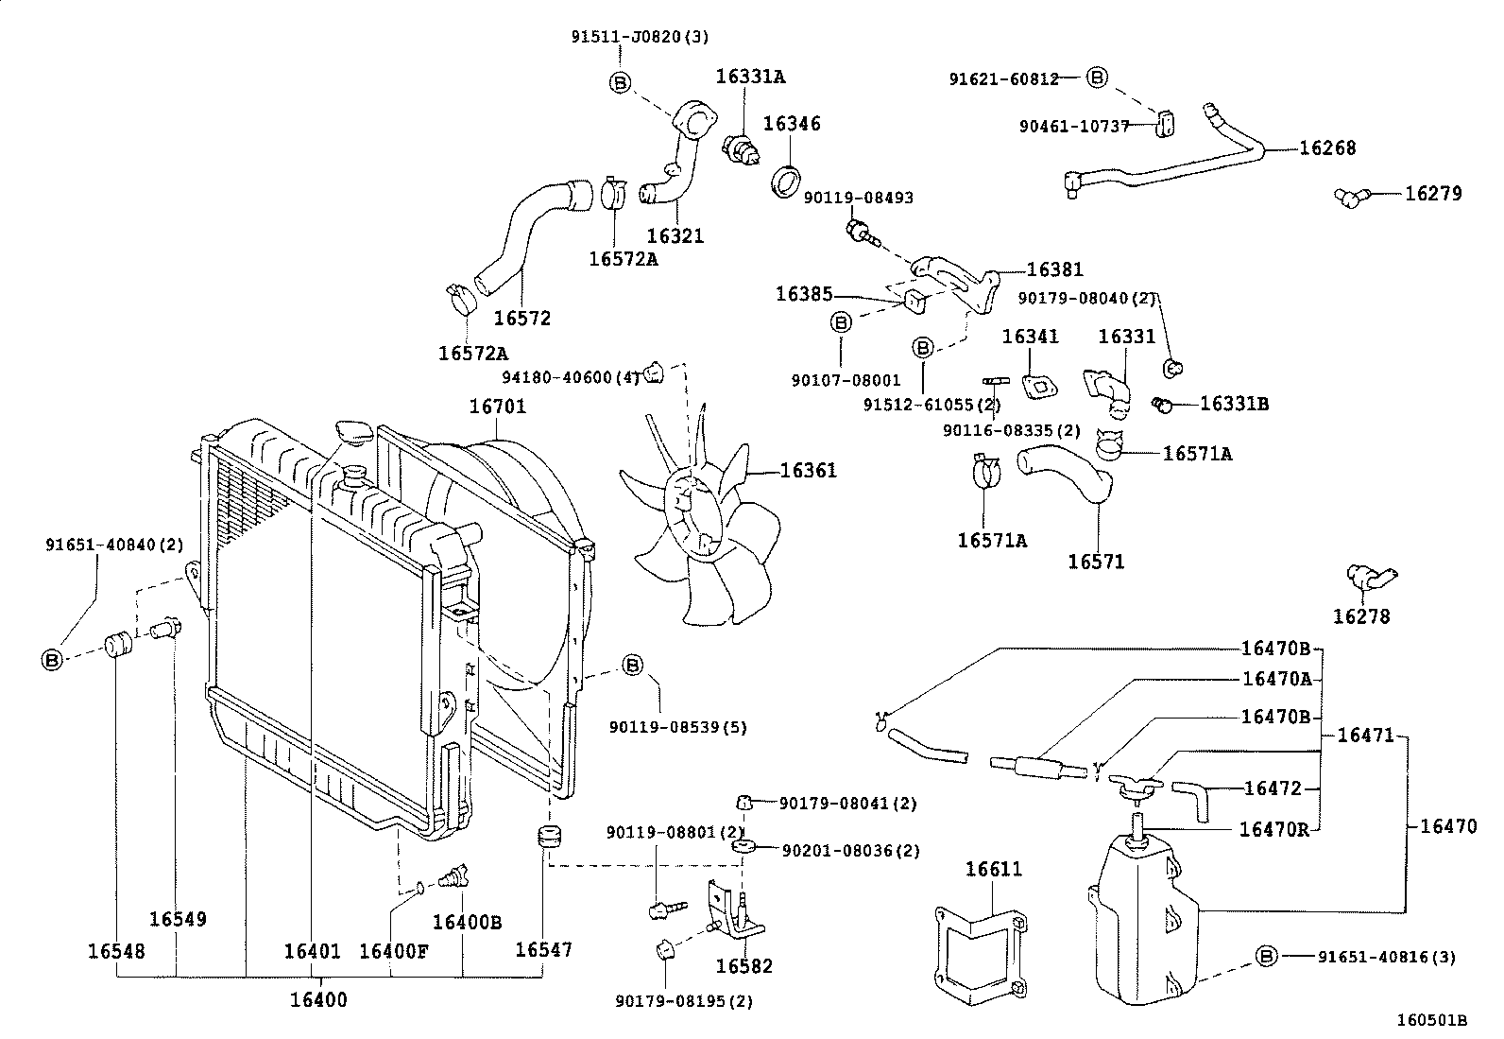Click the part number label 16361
tap(808, 471)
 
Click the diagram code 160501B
tap(1432, 1020)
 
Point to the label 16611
tap(993, 869)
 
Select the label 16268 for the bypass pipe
tap(1326, 147)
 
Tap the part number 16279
tap(1432, 194)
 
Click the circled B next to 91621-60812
tap(1096, 78)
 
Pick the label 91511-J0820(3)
tap(640, 37)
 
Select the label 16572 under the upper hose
tap(522, 318)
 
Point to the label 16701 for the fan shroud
tap(498, 407)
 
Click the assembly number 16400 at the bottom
tap(318, 999)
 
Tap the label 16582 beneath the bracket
tap(743, 966)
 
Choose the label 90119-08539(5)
tap(678, 727)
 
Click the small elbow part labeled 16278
tap(1368, 577)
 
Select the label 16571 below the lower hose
tap(1096, 562)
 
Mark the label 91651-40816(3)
tap(1386, 957)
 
